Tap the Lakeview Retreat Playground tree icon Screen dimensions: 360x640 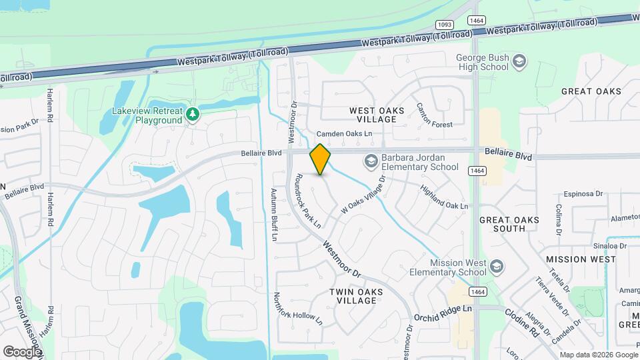193,115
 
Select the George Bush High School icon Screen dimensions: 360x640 519,63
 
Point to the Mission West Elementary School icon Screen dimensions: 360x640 495,267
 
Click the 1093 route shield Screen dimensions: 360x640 445,25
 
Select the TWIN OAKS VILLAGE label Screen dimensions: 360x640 357,296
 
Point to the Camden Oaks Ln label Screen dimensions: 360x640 344,134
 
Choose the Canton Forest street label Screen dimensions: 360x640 434,115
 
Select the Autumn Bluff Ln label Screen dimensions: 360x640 273,214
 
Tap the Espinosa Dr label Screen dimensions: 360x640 583,194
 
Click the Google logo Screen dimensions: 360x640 22,351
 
